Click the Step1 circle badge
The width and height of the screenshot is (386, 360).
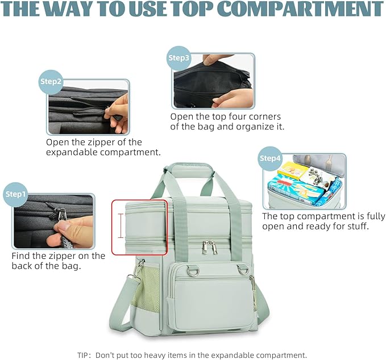[16, 194]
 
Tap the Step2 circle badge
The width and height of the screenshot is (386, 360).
[51, 81]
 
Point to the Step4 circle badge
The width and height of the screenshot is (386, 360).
[271, 158]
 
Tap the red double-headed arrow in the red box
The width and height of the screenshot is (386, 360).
[121, 226]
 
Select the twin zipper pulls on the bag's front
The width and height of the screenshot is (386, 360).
[209, 246]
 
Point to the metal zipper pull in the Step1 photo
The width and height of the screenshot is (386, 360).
[61, 214]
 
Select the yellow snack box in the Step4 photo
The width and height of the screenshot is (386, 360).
[292, 170]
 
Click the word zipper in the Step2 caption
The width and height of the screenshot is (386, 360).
[119, 142]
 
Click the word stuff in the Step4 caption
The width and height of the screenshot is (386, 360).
[355, 227]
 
